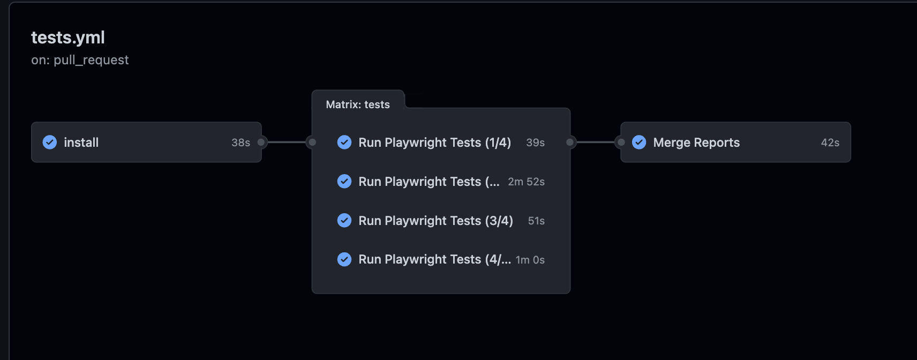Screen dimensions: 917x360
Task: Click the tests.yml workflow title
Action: (68, 37)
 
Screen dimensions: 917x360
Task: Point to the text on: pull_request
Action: (80, 60)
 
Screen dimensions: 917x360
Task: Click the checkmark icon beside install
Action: (50, 142)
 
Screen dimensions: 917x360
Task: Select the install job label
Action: (81, 142)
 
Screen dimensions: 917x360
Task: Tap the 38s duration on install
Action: (240, 142)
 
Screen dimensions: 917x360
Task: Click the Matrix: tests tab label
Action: (358, 104)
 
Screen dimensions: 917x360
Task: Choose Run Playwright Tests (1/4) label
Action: (434, 142)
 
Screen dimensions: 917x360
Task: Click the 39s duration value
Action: (535, 142)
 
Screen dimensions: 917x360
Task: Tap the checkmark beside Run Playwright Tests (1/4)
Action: (344, 142)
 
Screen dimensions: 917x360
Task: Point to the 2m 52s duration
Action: (526, 182)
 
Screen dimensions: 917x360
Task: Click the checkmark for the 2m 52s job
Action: (344, 182)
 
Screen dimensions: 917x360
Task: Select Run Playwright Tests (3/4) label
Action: (435, 221)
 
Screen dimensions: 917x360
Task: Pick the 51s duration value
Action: (536, 221)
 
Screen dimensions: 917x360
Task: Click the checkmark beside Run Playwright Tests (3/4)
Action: (344, 220)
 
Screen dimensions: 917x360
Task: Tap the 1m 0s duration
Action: (530, 260)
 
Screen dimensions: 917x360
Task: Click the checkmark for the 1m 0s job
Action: (344, 259)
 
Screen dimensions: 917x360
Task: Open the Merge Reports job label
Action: (696, 142)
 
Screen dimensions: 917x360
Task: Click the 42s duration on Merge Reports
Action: (830, 142)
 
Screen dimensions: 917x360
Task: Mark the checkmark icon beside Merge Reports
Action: (639, 142)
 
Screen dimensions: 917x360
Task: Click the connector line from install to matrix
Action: (287, 142)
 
